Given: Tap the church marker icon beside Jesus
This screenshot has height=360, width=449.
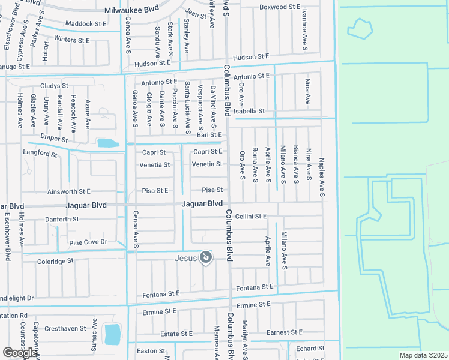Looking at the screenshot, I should pyautogui.click(x=205, y=258).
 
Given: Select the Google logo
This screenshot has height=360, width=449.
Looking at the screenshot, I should pyautogui.click(x=20, y=353).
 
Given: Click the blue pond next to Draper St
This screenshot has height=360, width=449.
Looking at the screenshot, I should pyautogui.click(x=107, y=143).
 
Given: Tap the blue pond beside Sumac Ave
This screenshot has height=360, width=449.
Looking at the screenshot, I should pyautogui.click(x=112, y=334).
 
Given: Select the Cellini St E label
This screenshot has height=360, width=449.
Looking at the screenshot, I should pyautogui.click(x=250, y=216).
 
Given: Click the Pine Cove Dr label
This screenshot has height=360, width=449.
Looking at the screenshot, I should pyautogui.click(x=88, y=242).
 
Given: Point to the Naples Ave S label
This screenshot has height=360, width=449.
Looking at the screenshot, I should pyautogui.click(x=322, y=174).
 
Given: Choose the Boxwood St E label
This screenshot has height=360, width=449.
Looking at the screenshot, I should pyautogui.click(x=279, y=7).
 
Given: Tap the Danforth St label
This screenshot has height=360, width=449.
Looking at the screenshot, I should pyautogui.click(x=62, y=220).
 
